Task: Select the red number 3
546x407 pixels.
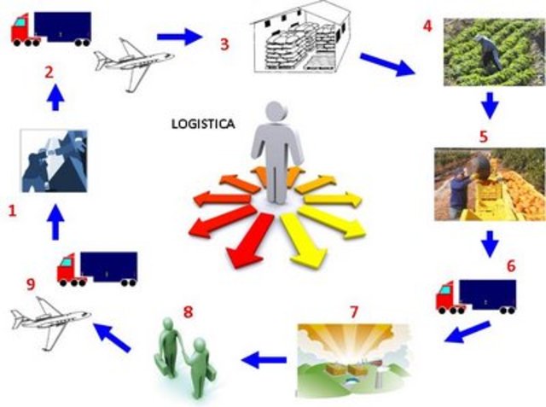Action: [224, 44]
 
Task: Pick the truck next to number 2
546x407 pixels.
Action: [50, 28]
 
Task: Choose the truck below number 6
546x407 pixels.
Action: [475, 295]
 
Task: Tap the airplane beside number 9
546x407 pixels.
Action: [50, 317]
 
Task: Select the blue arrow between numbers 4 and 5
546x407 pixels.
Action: [489, 107]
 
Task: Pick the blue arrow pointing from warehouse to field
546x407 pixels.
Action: [386, 63]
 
